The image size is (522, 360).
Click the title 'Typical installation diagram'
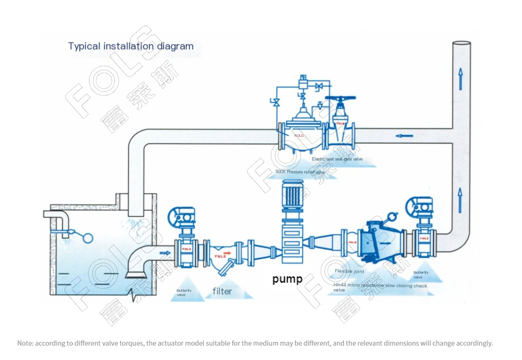pos(131,46)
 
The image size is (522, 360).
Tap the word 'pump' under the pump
pos(287,278)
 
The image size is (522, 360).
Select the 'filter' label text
pos(222,291)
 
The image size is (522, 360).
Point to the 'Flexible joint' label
pos(349,271)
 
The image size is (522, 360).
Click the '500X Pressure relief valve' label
pos(300,172)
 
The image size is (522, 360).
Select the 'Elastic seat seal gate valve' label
pos(337,159)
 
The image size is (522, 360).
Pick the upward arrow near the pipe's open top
pos(460,78)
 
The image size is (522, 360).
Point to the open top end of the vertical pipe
pos(461,43)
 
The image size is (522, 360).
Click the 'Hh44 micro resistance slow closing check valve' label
pos(380,288)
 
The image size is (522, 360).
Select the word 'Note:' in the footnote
pos(25,343)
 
